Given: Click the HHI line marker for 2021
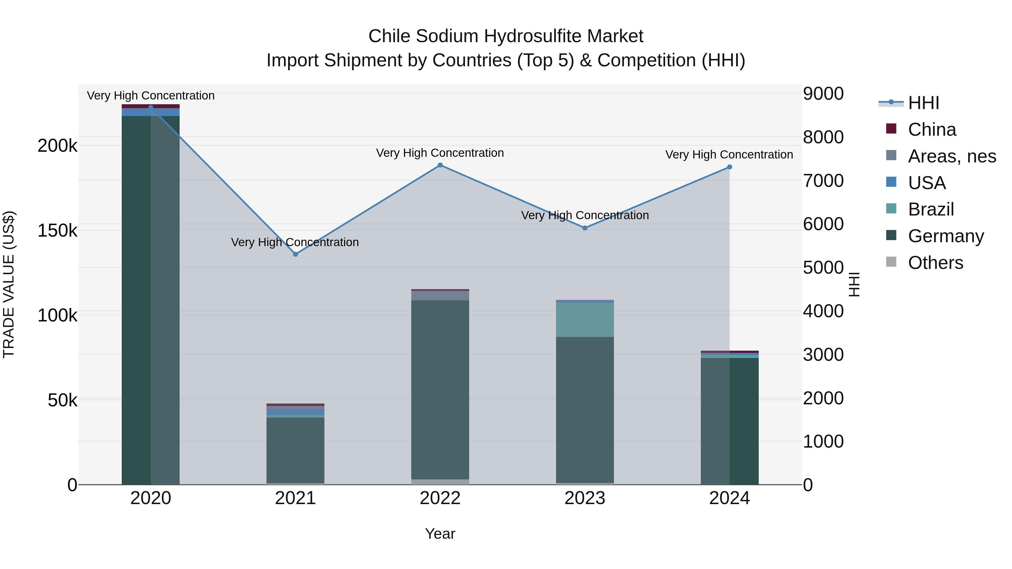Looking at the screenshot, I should (295, 254).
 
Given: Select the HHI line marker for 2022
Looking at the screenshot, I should (440, 165).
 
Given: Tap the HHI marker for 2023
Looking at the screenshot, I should (585, 228).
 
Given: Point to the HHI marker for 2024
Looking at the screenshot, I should (729, 167).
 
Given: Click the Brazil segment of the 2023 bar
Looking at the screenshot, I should (585, 320).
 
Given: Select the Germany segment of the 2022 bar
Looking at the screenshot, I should (440, 389).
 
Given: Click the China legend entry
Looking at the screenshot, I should (932, 130).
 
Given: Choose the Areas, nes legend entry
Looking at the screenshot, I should (952, 156).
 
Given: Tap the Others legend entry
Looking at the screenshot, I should (935, 263).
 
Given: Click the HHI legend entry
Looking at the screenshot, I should (923, 103).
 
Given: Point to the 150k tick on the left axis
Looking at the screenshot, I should (57, 230).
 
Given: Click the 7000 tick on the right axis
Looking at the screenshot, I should (823, 181).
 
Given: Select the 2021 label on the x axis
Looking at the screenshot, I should (295, 498).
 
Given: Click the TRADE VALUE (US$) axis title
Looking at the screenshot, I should (9, 284).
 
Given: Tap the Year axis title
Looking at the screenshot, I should (440, 534).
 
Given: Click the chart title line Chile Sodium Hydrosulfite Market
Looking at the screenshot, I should (506, 36).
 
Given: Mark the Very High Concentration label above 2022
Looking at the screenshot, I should (440, 153).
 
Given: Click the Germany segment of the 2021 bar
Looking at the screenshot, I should (295, 450).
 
